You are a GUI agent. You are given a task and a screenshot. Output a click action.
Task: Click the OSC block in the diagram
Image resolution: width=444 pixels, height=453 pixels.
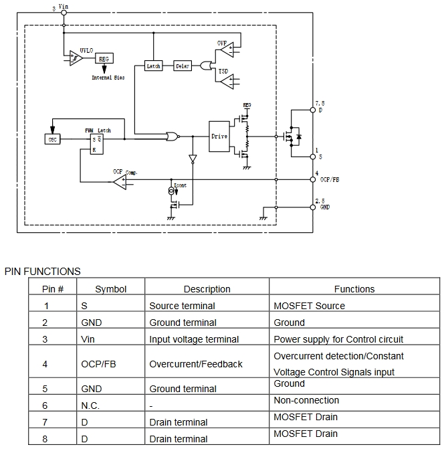pos(52,139)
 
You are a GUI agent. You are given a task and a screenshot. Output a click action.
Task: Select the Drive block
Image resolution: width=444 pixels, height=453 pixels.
pos(219,137)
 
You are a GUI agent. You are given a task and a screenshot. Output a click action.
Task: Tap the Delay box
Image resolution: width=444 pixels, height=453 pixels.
pos(183,66)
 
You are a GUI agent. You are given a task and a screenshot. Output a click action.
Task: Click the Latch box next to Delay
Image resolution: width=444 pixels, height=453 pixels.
pos(153,66)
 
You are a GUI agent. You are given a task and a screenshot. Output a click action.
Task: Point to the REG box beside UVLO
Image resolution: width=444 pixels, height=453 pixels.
pos(103,59)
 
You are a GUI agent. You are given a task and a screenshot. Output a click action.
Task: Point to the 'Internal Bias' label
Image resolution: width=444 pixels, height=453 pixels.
pos(108,78)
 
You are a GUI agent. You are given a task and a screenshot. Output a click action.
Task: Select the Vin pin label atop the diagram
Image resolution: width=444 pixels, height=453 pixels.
pos(64,6)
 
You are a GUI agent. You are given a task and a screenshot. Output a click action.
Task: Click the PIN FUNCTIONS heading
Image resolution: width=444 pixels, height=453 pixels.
pos(43,271)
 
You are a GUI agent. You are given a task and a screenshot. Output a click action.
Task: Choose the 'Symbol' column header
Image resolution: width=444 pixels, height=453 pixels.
pos(110,289)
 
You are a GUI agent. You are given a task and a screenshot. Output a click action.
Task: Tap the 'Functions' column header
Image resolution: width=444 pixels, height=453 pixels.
pos(354,289)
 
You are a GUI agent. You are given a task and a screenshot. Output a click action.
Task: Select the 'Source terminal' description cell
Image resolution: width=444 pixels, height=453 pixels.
pos(182,306)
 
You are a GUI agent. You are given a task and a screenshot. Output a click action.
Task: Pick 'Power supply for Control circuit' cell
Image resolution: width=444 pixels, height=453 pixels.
pos(338,339)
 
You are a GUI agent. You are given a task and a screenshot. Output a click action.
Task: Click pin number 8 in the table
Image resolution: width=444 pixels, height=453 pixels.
pos(46,439)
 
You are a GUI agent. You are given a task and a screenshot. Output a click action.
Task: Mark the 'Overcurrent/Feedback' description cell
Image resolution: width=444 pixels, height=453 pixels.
pos(196,364)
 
